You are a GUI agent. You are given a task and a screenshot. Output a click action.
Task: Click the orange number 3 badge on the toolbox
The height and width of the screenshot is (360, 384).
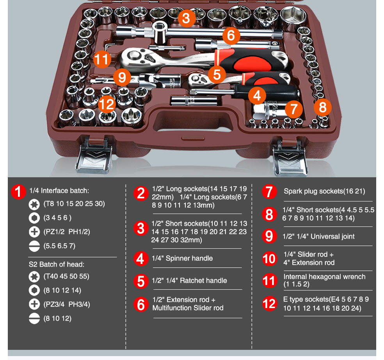click(186, 18)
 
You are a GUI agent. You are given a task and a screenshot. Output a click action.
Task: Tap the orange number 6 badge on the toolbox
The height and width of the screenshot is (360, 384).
click(231, 36)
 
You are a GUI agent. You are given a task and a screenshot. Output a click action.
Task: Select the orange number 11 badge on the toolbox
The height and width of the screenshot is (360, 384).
click(102, 60)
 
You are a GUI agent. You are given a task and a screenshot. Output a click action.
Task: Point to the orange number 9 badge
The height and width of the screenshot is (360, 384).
click(123, 77)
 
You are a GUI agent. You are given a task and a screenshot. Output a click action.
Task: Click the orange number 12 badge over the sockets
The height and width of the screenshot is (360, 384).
click(106, 104)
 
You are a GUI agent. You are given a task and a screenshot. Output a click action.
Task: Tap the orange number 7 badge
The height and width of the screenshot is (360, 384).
click(293, 109)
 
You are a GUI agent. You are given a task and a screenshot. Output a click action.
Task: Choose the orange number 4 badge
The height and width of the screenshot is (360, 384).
click(256, 95)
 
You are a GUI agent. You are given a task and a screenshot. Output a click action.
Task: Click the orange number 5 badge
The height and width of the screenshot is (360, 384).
click(217, 74)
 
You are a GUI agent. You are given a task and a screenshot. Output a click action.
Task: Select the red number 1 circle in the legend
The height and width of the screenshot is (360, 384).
click(18, 192)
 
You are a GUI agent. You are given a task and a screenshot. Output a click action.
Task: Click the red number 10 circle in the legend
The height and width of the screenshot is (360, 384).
click(269, 258)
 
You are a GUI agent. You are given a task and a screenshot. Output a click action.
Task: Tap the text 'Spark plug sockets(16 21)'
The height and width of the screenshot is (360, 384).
click(324, 191)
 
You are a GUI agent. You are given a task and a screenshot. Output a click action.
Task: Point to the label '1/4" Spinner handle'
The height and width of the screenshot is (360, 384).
click(182, 258)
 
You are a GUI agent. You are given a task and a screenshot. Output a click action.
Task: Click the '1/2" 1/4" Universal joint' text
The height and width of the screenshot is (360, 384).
click(318, 236)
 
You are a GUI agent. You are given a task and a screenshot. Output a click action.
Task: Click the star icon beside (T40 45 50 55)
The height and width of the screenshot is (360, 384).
click(34, 276)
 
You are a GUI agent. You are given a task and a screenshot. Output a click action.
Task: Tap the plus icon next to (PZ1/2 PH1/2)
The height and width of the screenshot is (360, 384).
click(34, 232)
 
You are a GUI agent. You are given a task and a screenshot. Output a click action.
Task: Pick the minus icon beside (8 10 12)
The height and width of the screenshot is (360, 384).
click(34, 319)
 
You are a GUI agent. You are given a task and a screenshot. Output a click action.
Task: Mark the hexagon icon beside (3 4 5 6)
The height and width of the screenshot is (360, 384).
click(34, 218)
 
